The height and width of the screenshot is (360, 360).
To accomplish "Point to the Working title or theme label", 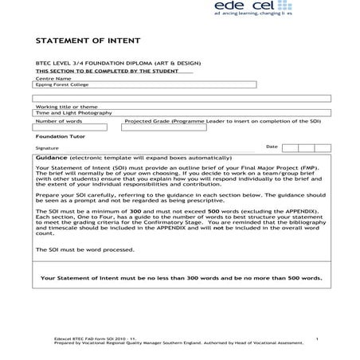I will pyautogui.click(x=67, y=107).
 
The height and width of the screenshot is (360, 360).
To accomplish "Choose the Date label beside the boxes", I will pyautogui.click(x=272, y=147).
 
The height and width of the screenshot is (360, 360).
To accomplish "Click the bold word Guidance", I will pyautogui.click(x=52, y=158).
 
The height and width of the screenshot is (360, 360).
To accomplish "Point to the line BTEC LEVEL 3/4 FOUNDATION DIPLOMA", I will pyautogui.click(x=112, y=62).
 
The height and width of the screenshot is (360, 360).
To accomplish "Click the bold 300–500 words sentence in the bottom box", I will pyautogui.click(x=181, y=278).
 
